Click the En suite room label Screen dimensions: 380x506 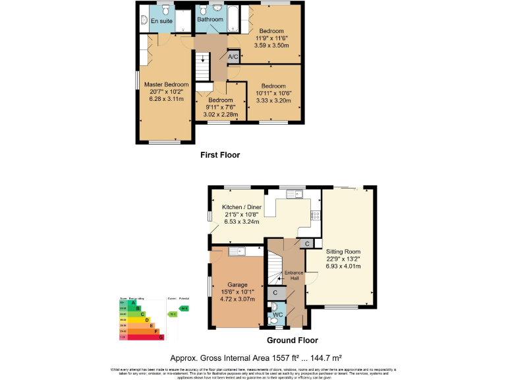point(161,22)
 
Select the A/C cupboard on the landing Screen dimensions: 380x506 point(233,57)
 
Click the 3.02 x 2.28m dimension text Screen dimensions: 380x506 point(221,115)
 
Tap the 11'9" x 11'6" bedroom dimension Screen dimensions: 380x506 point(271,39)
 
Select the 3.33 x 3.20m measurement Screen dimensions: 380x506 point(273,101)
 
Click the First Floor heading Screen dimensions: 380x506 point(220,155)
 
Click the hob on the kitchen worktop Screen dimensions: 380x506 point(315,215)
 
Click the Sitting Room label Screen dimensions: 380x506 point(343,251)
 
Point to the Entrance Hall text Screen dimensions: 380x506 point(292,276)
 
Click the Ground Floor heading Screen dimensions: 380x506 point(292,340)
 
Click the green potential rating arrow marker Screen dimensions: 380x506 point(184,308)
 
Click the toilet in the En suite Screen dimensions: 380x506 point(145,22)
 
